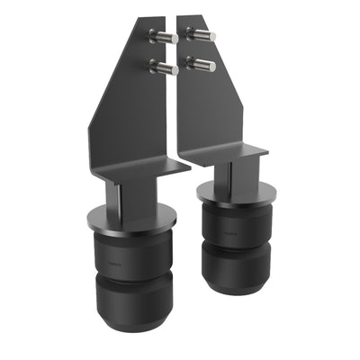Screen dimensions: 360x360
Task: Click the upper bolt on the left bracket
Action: [x=161, y=37]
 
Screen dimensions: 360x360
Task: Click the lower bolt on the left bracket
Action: [x=162, y=67]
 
